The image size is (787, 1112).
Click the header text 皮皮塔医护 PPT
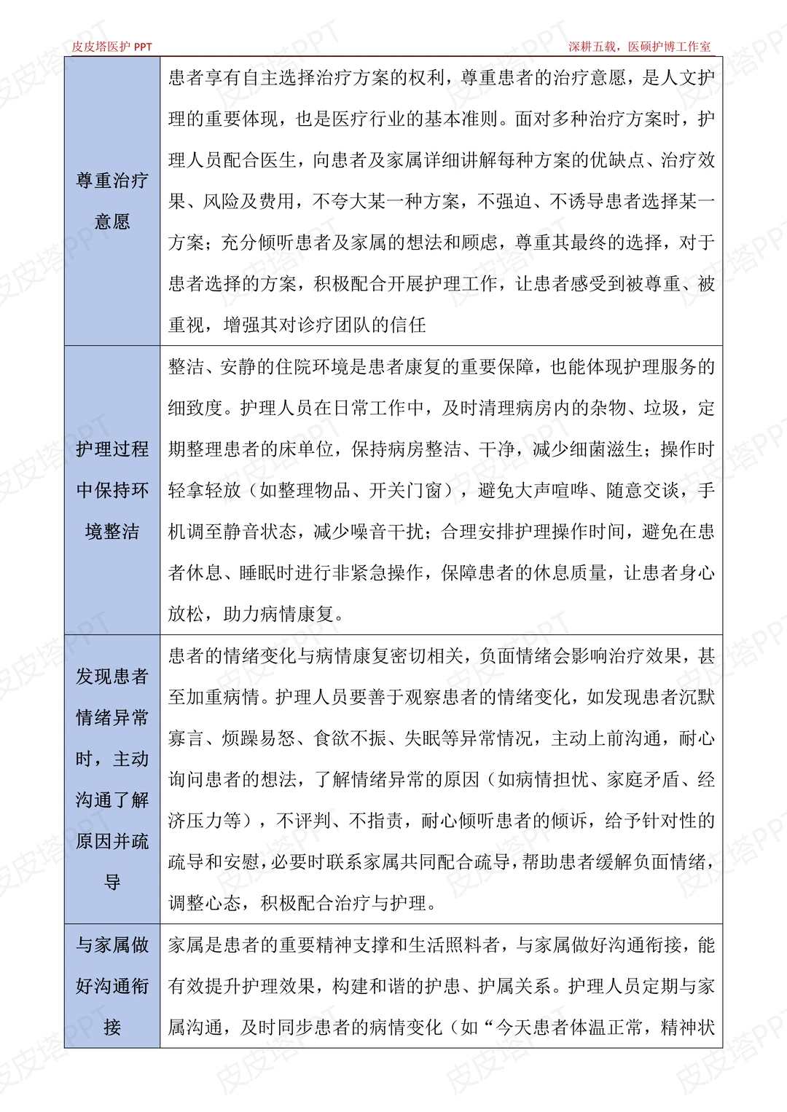(111, 47)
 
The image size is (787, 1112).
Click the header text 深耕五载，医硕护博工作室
(639, 47)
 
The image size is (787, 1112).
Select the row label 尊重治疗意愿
(112, 201)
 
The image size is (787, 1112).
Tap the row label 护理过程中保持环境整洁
(112, 490)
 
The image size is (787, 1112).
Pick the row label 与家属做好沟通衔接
(112, 986)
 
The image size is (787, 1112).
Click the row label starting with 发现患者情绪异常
(112, 779)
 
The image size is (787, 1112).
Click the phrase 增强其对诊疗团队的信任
(324, 325)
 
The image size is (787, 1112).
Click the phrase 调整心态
(205, 904)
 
